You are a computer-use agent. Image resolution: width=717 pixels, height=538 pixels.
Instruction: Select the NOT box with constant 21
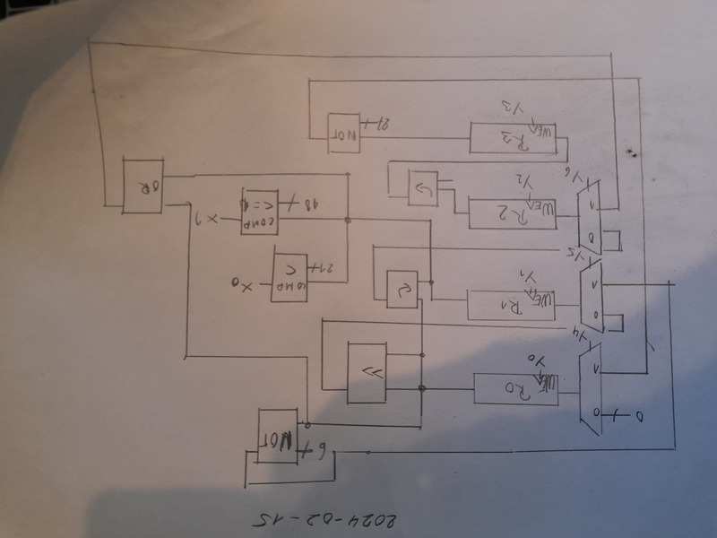[x=346, y=130]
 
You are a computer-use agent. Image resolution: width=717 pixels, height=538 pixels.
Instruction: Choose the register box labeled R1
[x=509, y=306]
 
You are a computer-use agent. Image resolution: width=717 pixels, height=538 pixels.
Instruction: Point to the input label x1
[x=209, y=220]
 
